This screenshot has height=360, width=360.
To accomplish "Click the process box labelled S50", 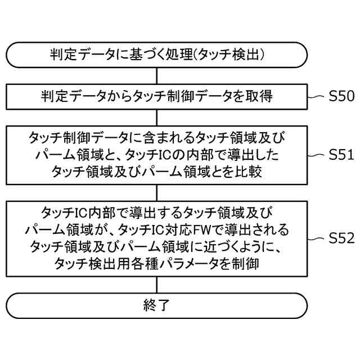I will [157, 96].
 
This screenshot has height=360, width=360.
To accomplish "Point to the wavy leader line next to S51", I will [316, 154].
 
